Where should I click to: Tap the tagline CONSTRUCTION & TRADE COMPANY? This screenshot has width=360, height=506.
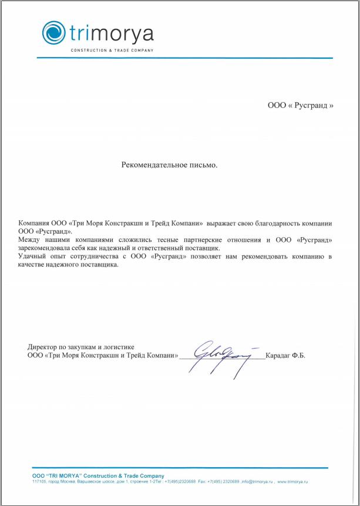coord(112,50)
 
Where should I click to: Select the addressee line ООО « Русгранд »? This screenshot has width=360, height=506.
coord(300,106)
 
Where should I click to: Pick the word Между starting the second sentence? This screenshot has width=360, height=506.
coord(29,240)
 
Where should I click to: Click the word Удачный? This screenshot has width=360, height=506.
coord(32,257)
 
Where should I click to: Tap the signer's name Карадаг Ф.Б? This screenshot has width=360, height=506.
coord(285,356)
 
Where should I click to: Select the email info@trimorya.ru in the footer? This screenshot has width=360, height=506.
coord(257,481)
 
